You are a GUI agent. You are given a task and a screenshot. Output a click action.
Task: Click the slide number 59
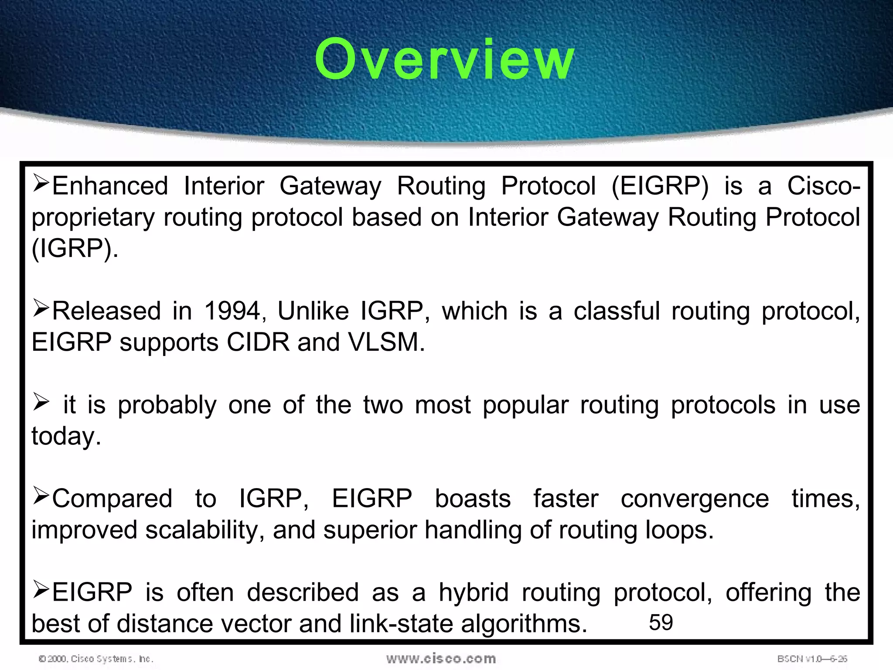(661, 622)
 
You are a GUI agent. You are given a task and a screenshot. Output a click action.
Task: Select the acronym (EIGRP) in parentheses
(660, 186)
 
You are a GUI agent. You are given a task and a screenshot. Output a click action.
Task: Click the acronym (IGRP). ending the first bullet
(74, 249)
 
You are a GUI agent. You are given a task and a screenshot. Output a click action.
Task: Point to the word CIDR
(258, 342)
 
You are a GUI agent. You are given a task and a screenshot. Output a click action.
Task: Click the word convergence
(695, 499)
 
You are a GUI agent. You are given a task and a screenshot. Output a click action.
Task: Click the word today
(65, 436)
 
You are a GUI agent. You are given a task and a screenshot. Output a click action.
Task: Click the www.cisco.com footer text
(441, 659)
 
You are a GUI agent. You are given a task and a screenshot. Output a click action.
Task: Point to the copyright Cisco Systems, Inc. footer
(96, 659)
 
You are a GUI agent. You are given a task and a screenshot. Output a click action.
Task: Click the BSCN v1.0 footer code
(812, 659)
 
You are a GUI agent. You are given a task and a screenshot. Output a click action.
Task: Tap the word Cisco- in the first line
(823, 186)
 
